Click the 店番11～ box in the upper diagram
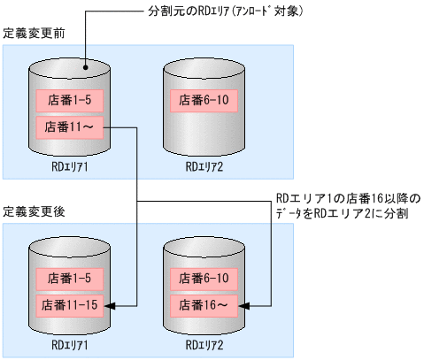click(x=69, y=127)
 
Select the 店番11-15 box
click(x=69, y=305)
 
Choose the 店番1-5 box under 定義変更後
click(x=69, y=278)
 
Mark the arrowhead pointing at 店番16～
click(x=247, y=305)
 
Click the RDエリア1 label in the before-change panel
click(x=69, y=165)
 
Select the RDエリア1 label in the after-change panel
click(x=69, y=343)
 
